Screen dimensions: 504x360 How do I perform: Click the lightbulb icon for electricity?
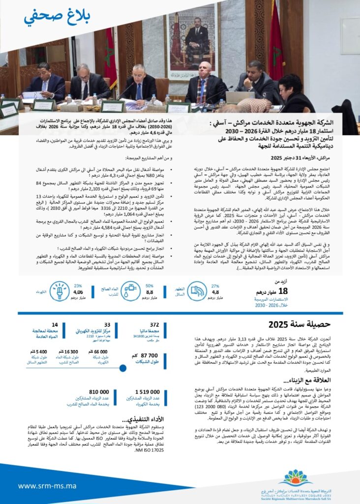[x=59, y=290]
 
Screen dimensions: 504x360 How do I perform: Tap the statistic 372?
[x=154, y=324]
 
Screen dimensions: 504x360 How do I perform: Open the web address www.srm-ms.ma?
[x=47, y=485]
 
